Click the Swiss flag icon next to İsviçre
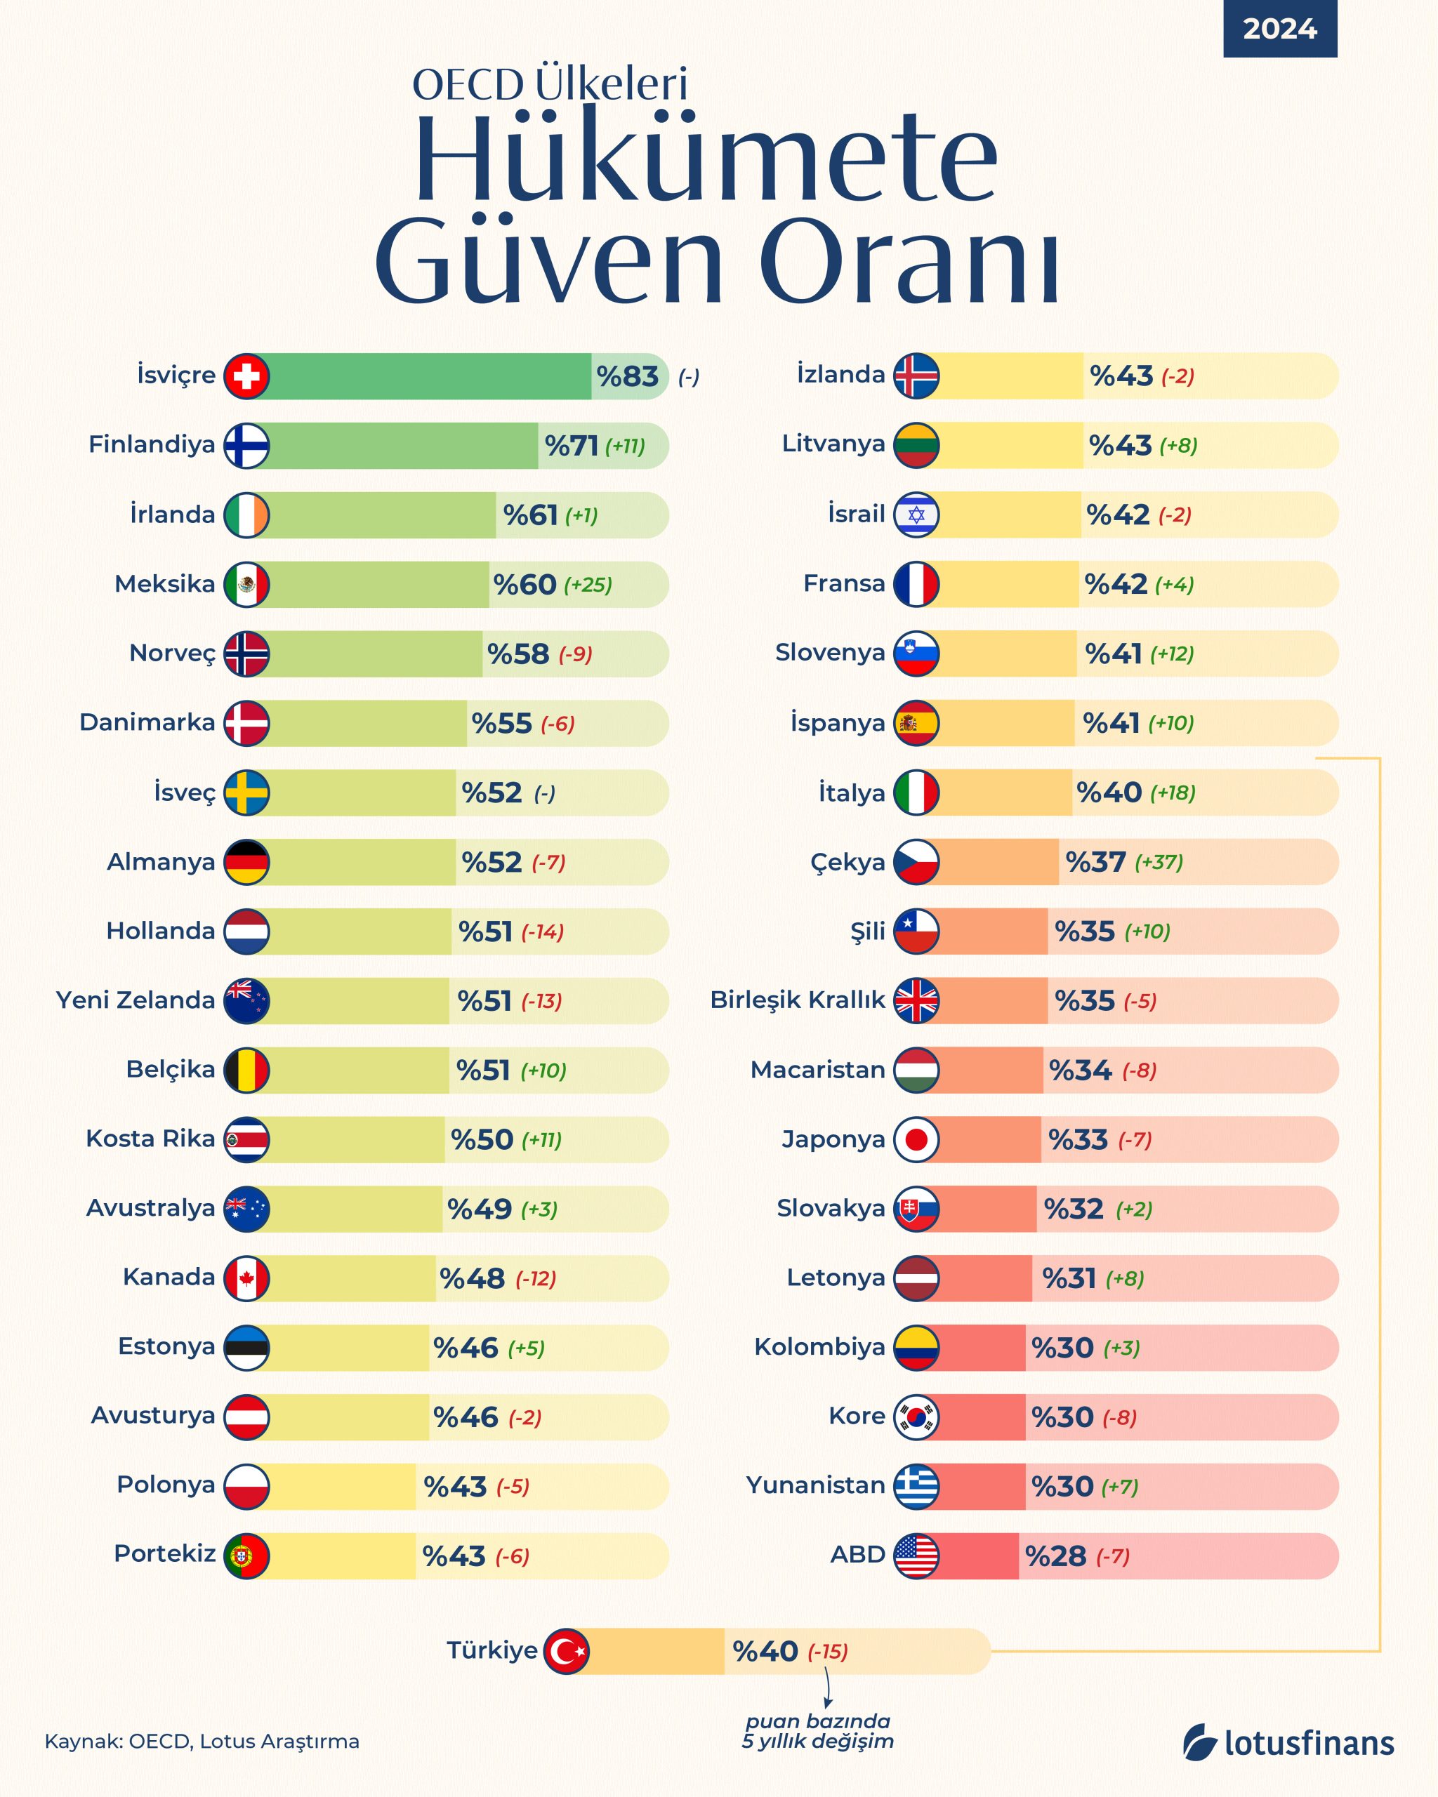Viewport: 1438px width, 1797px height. (x=246, y=376)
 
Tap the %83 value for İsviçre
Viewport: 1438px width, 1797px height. (x=628, y=377)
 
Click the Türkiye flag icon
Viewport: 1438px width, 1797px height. (x=567, y=1651)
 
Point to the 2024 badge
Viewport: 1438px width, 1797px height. (x=1279, y=29)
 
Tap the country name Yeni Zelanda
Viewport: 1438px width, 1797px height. (x=135, y=1000)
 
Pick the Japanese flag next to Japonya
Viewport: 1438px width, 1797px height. (x=916, y=1139)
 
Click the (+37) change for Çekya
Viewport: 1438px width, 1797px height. (x=1158, y=862)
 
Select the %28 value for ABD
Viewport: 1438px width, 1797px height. (x=1055, y=1556)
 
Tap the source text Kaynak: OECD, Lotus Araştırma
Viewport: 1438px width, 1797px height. (x=202, y=1741)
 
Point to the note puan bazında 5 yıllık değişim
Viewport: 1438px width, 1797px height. (x=818, y=1731)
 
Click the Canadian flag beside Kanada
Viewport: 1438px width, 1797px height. (x=246, y=1278)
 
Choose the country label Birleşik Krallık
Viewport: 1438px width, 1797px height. (x=797, y=1000)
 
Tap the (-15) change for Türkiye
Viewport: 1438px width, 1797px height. (x=827, y=1652)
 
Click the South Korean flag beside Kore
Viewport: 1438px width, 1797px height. (x=916, y=1417)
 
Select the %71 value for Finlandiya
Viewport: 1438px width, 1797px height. (x=571, y=446)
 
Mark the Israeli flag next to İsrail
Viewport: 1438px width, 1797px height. (x=916, y=515)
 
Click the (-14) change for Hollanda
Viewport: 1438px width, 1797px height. (x=543, y=931)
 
